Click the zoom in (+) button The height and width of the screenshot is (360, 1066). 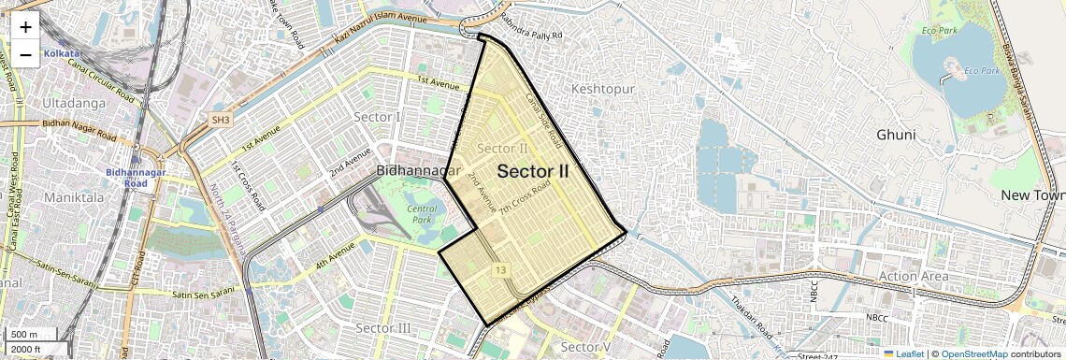25,27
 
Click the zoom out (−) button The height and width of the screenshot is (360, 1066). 25,54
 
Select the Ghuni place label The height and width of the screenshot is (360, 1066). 896,135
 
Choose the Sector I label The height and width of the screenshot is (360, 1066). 377,117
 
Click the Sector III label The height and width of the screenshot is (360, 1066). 382,328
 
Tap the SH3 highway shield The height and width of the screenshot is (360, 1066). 221,121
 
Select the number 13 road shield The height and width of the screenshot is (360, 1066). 502,270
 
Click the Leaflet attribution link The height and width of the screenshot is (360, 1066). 903,353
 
